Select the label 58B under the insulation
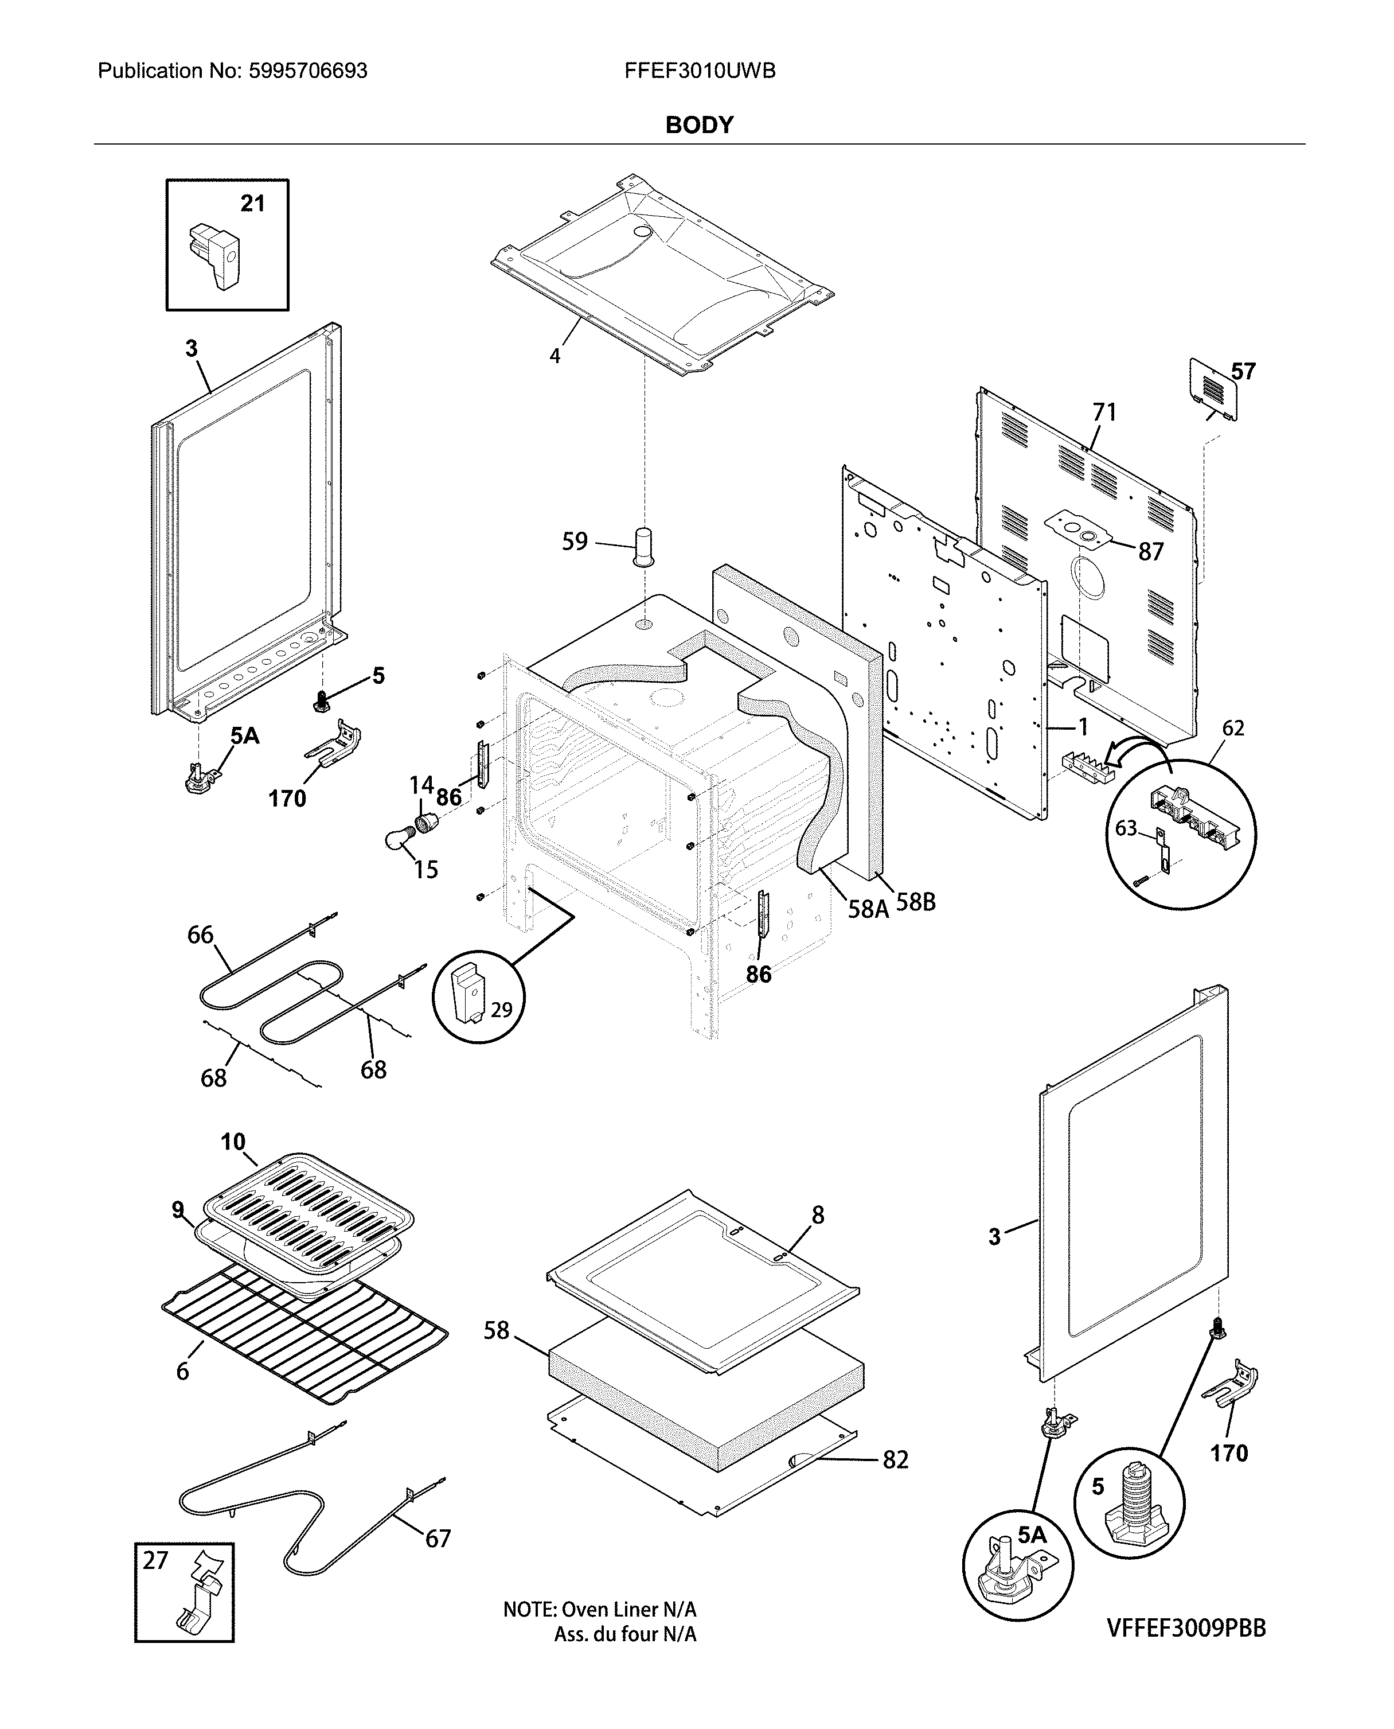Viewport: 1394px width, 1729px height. (x=915, y=902)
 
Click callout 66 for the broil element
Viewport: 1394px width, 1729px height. (x=200, y=934)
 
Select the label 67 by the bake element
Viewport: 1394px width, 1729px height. (x=438, y=1539)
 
